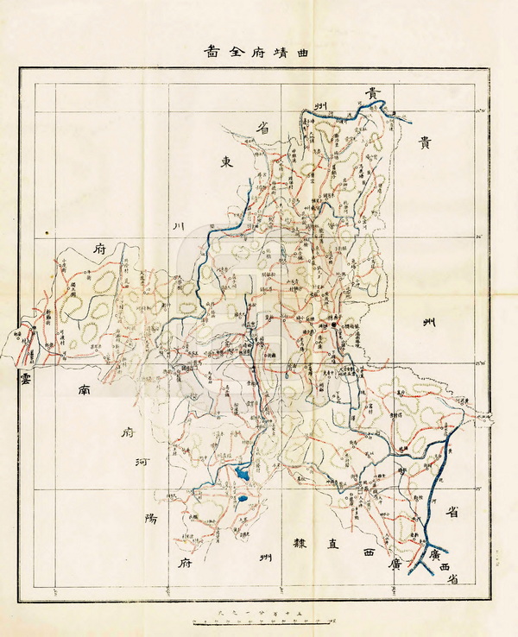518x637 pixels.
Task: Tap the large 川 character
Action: pyautogui.click(x=180, y=226)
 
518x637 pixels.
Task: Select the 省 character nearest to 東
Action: pyautogui.click(x=262, y=127)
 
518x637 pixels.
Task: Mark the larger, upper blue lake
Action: pyautogui.click(x=241, y=472)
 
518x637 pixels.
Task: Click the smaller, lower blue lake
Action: pyautogui.click(x=243, y=498)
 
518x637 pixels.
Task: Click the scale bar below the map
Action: pyautogui.click(x=259, y=619)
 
